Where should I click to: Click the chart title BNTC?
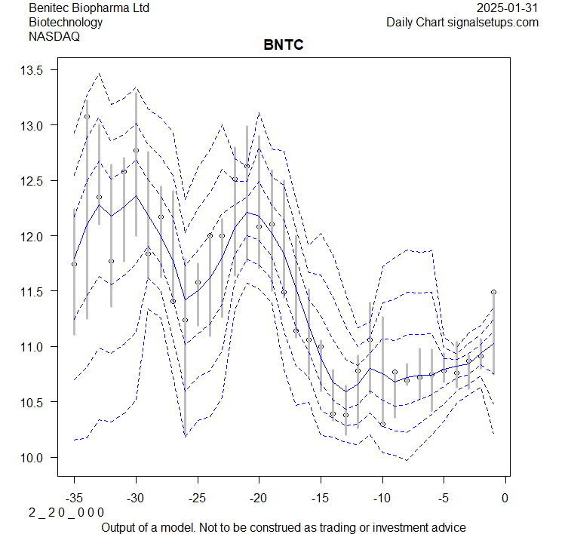point(284,45)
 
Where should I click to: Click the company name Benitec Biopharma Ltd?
point(89,8)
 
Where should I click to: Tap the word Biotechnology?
point(66,22)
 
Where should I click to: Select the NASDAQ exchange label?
point(54,36)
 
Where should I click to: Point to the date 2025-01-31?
point(508,8)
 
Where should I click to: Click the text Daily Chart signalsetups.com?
point(462,22)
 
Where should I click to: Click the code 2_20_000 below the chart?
point(66,512)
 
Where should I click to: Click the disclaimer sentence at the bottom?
point(284,526)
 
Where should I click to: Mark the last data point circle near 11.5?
point(493,292)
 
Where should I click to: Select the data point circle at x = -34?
point(87,116)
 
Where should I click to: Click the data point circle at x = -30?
point(136,150)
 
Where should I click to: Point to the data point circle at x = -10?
point(382,425)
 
